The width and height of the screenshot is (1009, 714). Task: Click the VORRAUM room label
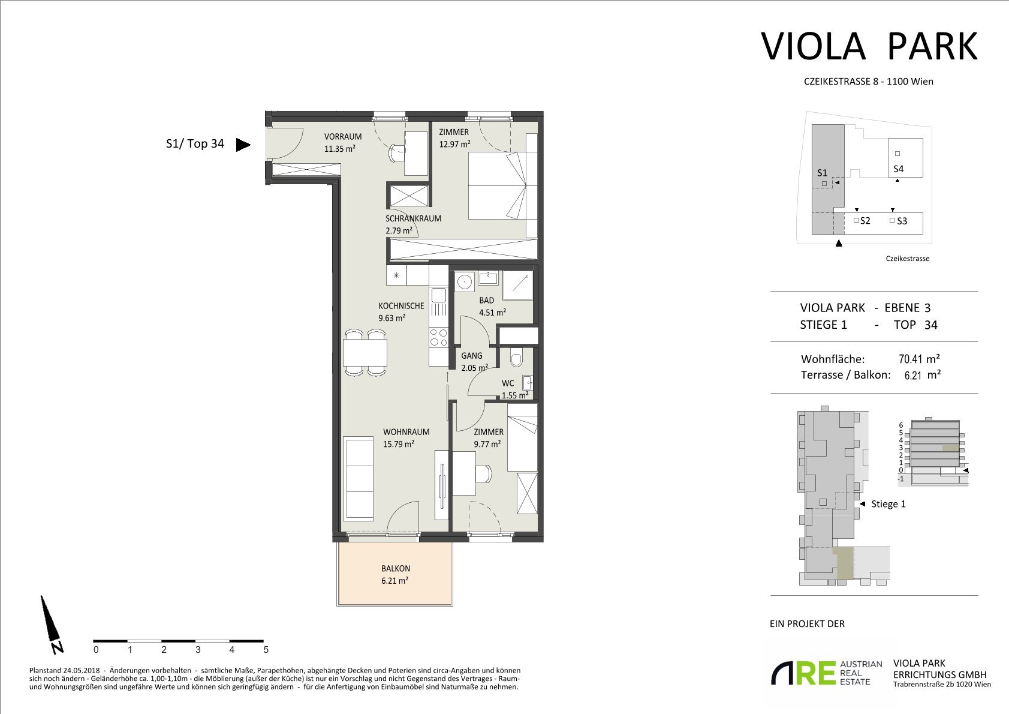click(x=343, y=137)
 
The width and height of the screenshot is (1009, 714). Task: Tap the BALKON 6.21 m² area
click(x=394, y=574)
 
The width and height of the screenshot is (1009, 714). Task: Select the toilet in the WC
click(x=516, y=359)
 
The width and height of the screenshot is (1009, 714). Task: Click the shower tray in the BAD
click(x=518, y=286)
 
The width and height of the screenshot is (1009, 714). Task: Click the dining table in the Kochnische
click(x=365, y=353)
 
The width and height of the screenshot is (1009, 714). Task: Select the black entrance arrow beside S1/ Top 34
click(x=243, y=144)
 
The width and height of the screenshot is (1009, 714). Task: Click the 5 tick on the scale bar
click(x=266, y=650)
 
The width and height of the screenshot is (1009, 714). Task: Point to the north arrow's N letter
click(x=57, y=647)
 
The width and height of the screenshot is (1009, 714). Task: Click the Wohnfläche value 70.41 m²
click(x=919, y=359)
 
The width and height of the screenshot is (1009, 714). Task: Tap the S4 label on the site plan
click(x=899, y=169)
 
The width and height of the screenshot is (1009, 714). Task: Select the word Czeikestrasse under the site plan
click(x=907, y=259)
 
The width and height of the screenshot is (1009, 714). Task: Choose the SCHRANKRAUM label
click(x=413, y=218)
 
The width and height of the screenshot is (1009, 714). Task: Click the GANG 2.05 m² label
click(x=474, y=362)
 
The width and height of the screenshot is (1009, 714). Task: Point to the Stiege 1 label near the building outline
click(x=888, y=504)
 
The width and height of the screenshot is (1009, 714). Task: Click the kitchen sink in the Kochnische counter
click(x=439, y=295)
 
